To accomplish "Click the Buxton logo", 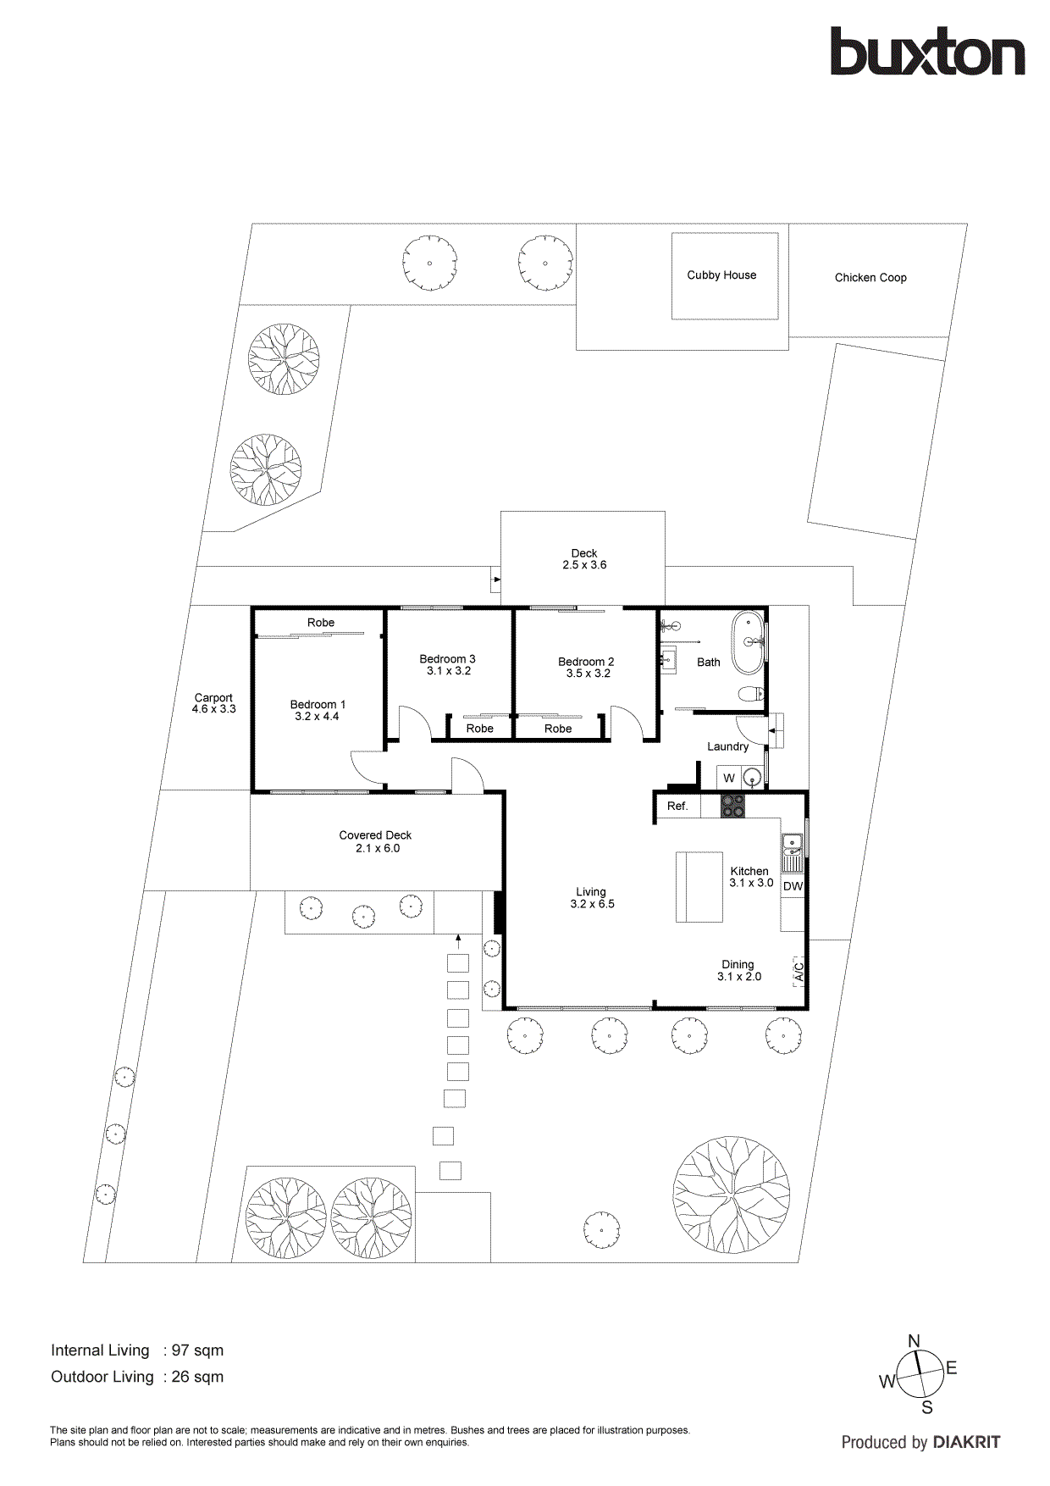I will point(927,53).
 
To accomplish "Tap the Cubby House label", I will point(721,275).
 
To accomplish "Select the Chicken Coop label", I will point(870,278).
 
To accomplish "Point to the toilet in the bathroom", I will point(750,695).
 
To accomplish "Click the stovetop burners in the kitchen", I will point(732,806).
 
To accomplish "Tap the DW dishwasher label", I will point(793,886).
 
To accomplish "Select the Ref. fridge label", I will point(677,807).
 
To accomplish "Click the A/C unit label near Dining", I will point(798,971).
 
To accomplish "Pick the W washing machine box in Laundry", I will point(729,778).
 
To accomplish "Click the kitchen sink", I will point(792,842).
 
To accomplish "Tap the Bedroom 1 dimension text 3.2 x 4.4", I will point(317,717).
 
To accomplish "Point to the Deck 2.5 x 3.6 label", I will point(584,559).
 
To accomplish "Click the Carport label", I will point(213,698).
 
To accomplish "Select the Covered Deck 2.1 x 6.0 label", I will point(375,841).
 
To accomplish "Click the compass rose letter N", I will point(914,1341).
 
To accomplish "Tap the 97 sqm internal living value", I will point(197,1350).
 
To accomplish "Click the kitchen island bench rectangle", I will point(699,886).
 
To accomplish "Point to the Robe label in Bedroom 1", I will point(321,623).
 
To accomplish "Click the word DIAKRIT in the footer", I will point(966,1442).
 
